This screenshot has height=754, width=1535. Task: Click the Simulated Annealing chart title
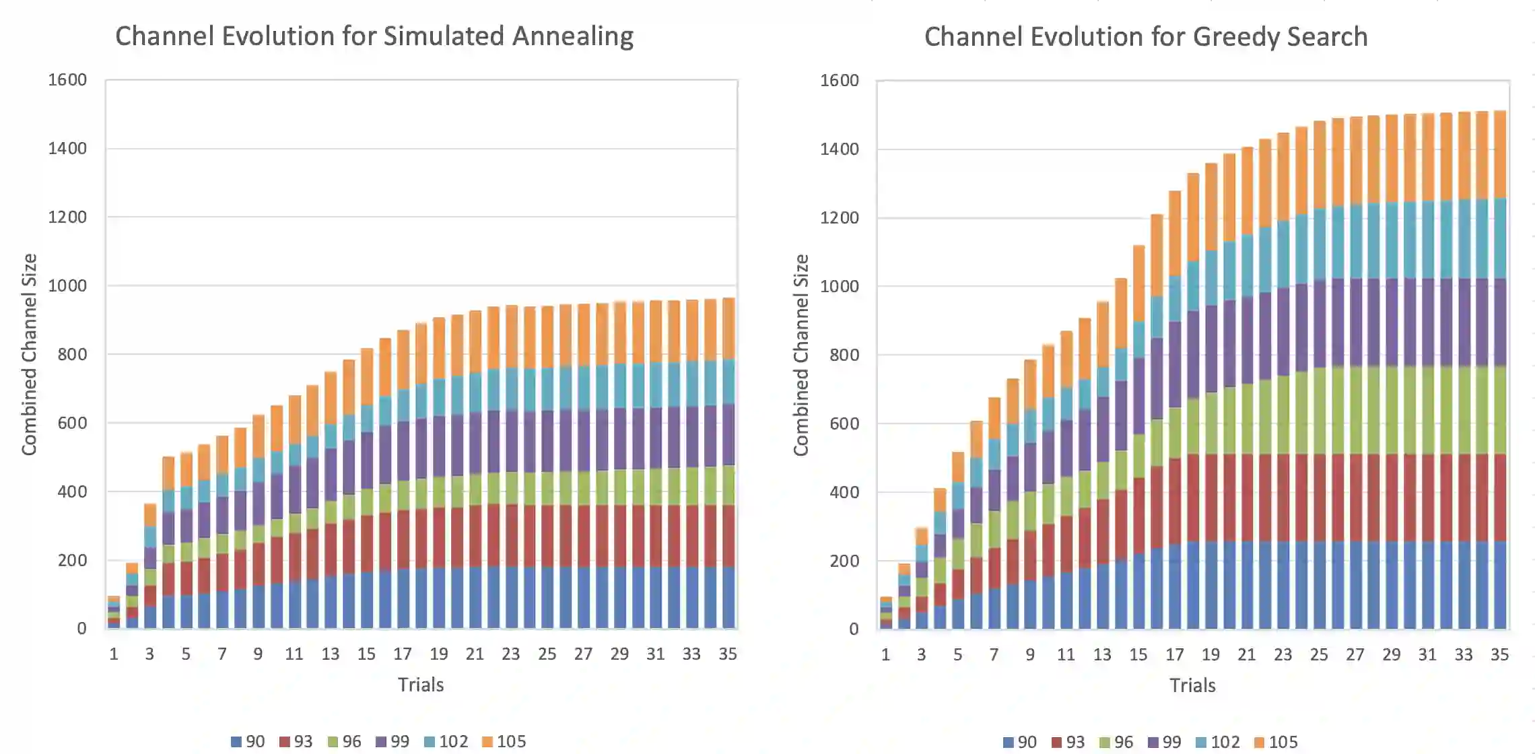pyautogui.click(x=374, y=36)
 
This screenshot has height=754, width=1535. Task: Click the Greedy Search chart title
pyautogui.click(x=1146, y=37)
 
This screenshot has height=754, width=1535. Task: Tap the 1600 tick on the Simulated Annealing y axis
pyautogui.click(x=67, y=79)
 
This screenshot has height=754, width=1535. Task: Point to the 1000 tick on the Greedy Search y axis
pyautogui.click(x=839, y=286)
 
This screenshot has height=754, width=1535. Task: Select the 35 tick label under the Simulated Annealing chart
pyautogui.click(x=728, y=654)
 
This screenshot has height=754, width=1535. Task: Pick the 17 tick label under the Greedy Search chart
pyautogui.click(x=1175, y=654)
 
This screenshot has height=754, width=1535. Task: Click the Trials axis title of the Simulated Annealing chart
pyautogui.click(x=421, y=685)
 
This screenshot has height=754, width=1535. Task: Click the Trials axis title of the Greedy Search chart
pyautogui.click(x=1192, y=685)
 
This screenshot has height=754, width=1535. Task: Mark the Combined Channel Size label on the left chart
pyautogui.click(x=29, y=355)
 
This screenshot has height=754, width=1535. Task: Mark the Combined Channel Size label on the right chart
pyautogui.click(x=800, y=355)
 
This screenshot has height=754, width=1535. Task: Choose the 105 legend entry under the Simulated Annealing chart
pyautogui.click(x=504, y=741)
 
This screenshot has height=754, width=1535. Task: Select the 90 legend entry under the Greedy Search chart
pyautogui.click(x=1020, y=742)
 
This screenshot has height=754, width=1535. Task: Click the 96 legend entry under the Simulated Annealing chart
pyautogui.click(x=344, y=741)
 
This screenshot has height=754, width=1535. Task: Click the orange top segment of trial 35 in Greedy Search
pyautogui.click(x=1500, y=154)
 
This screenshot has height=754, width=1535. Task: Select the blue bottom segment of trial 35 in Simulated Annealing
pyautogui.click(x=728, y=598)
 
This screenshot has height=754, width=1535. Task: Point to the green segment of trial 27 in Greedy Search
pyautogui.click(x=1355, y=410)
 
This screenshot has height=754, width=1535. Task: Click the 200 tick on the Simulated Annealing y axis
pyautogui.click(x=71, y=560)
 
